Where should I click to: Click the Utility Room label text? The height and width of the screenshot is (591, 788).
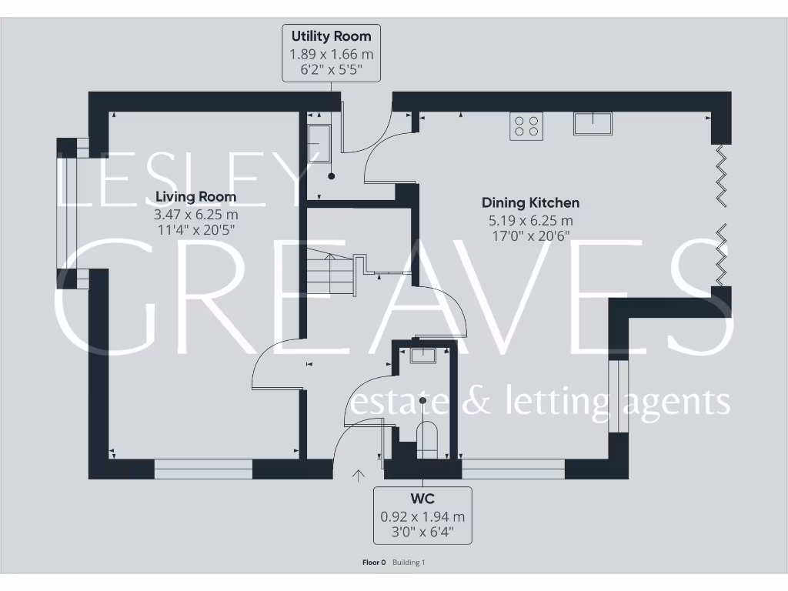coord(331,36)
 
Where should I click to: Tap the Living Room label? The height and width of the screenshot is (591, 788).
coord(195,197)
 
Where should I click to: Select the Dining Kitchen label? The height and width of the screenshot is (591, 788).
coord(530,203)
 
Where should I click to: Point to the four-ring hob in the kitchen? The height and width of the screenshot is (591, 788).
coord(526,126)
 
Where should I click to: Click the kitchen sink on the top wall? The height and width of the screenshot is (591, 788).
coord(592,123)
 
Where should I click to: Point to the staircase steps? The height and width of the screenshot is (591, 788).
coord(331,274)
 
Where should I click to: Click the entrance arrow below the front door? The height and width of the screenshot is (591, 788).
coord(358,476)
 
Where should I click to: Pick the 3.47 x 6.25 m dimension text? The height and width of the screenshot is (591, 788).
coord(195,214)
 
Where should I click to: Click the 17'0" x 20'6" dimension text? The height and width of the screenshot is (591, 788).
coord(530,235)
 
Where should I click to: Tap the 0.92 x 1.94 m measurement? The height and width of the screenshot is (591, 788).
coord(422,516)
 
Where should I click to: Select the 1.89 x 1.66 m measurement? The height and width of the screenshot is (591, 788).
coord(331,54)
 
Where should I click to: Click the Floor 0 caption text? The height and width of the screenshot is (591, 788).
coord(373,563)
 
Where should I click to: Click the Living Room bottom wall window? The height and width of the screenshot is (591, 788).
coord(203,469)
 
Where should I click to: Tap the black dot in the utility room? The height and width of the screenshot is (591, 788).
coord(332,176)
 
